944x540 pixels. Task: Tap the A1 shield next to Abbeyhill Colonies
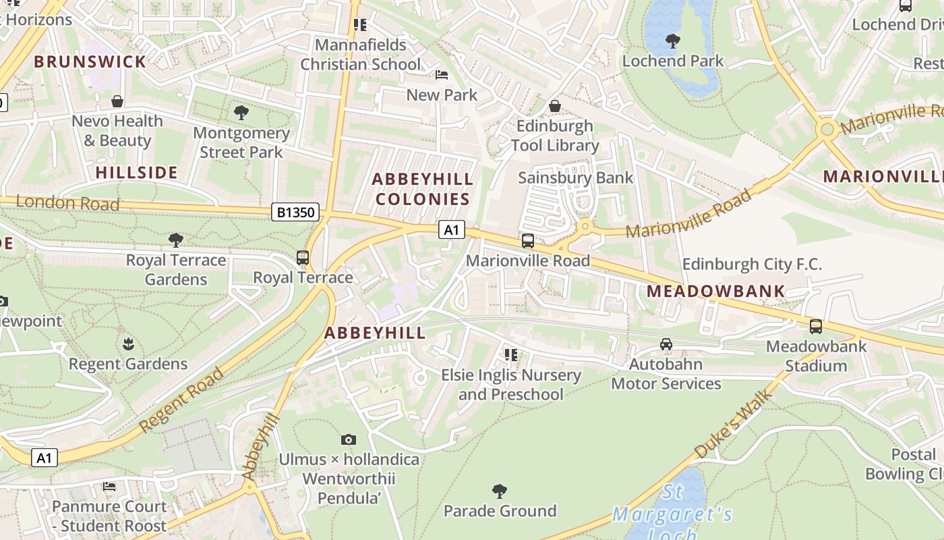pyautogui.click(x=452, y=230)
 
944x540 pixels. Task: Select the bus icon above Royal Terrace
pyautogui.click(x=303, y=257)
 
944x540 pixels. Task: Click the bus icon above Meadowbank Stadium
pyautogui.click(x=816, y=327)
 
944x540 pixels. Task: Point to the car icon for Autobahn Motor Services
pyautogui.click(x=666, y=344)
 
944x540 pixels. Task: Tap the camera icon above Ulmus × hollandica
pyautogui.click(x=348, y=440)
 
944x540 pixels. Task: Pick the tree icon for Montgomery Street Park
pyautogui.click(x=241, y=112)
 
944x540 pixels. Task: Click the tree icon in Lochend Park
pyautogui.click(x=672, y=41)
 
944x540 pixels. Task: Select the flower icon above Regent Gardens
pyautogui.click(x=128, y=344)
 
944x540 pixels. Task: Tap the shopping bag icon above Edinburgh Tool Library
pyautogui.click(x=555, y=106)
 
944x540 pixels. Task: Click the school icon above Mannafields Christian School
pyautogui.click(x=360, y=25)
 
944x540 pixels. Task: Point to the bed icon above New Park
pyautogui.click(x=442, y=75)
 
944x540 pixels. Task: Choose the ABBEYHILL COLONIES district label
pyautogui.click(x=423, y=189)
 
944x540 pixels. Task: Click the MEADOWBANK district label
pyautogui.click(x=716, y=291)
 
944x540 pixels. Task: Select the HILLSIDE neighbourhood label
pyautogui.click(x=137, y=172)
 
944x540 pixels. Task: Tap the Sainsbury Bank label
pyautogui.click(x=575, y=178)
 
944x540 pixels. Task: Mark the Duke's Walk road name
pyautogui.click(x=731, y=428)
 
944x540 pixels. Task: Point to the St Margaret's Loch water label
pyautogui.click(x=672, y=513)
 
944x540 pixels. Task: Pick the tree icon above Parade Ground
pyautogui.click(x=500, y=491)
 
